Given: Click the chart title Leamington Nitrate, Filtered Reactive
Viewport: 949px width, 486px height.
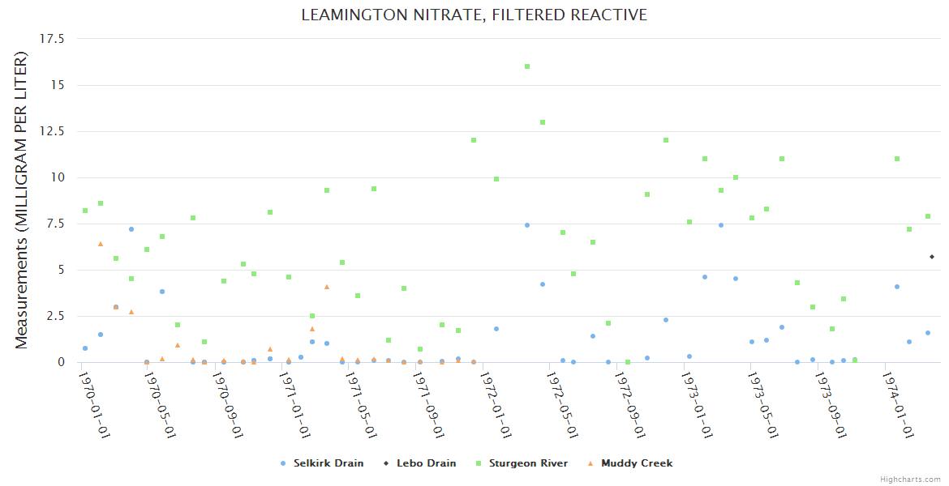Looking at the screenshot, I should [474, 15].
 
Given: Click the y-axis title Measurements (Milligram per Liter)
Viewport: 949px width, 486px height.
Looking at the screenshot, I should [22, 200].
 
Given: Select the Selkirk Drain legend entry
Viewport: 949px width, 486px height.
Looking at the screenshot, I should [328, 463].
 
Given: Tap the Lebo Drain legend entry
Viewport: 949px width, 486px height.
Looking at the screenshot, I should [425, 463].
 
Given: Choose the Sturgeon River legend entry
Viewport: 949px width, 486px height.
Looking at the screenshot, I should [531, 463].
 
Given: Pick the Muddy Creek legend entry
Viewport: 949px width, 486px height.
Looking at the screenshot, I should [637, 463].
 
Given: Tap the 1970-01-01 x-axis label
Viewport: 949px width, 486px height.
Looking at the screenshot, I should [94, 404].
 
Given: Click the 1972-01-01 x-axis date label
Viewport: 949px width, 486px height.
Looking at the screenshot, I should [495, 404].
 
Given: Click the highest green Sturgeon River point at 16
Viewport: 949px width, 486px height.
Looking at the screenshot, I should [527, 66].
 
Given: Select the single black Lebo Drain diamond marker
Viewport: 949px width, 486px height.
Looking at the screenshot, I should [932, 257].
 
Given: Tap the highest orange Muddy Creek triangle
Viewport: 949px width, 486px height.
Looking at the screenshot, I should [101, 243].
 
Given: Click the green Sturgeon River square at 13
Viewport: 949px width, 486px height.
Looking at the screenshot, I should [543, 122].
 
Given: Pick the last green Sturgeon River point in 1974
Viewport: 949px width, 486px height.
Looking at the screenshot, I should [928, 216].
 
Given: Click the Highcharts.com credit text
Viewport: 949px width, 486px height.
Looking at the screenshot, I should [910, 480].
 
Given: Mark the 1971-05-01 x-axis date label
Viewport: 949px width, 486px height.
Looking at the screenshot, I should [361, 404].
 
